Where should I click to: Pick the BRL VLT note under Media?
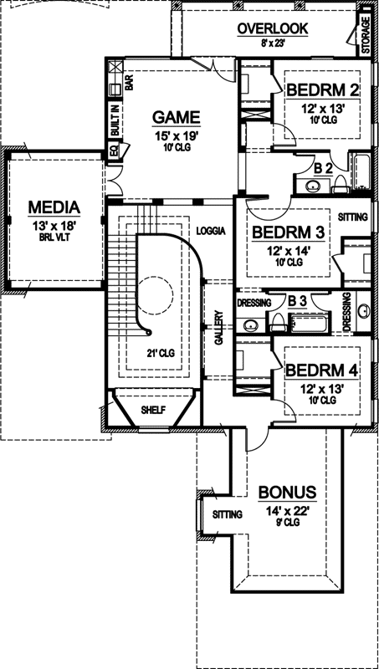54,236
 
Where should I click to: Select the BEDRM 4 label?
322,370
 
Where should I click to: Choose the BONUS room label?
286,491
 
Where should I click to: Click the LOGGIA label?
211,230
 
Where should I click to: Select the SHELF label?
153,410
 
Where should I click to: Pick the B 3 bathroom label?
296,300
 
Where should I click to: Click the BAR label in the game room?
129,83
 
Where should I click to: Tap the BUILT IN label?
115,118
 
